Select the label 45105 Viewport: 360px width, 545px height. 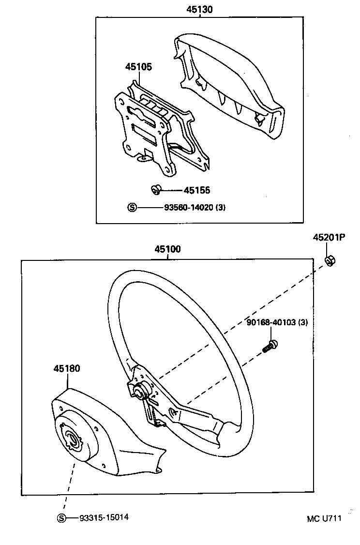pyautogui.click(x=138, y=67)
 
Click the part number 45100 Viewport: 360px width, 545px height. pyautogui.click(x=167, y=250)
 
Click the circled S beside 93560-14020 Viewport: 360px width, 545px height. pyautogui.click(x=132, y=208)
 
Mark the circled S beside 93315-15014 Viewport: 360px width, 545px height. pyautogui.click(x=61, y=518)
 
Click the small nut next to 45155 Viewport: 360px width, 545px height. pyautogui.click(x=156, y=189)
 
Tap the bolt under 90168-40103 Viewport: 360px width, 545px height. pyautogui.click(x=270, y=346)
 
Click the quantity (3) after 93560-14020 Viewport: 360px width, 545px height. pyautogui.click(x=220, y=208)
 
